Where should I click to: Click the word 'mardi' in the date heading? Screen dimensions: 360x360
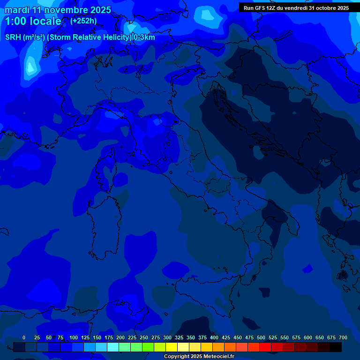point(16,10)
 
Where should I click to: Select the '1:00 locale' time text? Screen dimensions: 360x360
point(33,21)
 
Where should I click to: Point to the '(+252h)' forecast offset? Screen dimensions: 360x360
point(83,21)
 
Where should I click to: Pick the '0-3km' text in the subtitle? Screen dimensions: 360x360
point(144,37)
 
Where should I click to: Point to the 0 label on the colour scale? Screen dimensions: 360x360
point(24,337)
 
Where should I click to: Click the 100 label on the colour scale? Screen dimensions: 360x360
point(74,337)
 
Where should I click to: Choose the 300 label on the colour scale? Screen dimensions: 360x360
point(167,337)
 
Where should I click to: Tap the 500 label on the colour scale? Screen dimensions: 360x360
point(261,337)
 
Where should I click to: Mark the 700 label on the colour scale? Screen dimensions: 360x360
point(343,337)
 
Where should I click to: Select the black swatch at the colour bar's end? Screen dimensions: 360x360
point(336,347)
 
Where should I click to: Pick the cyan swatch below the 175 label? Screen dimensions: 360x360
point(113,347)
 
